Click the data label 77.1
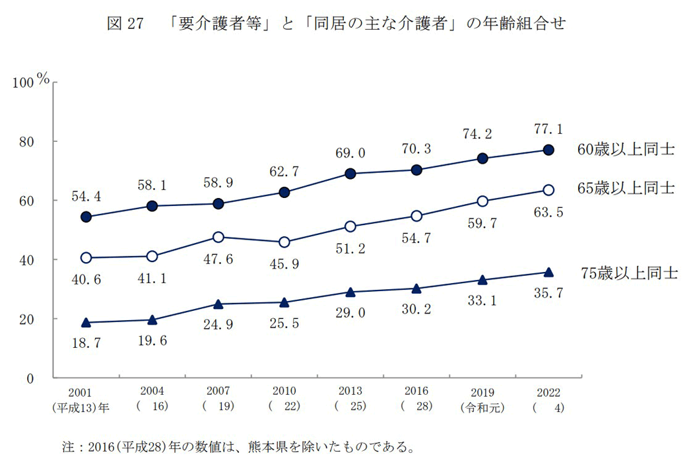pos(548,129)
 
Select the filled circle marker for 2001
pos(86,217)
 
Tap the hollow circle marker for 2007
pos(218,237)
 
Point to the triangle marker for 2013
pos(350,292)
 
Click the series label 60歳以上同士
pos(626,150)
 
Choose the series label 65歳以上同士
pos(626,188)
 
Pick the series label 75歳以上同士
pos(628,273)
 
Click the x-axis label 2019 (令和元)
pos(482,399)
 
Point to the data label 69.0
pos(350,153)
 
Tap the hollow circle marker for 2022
pos(548,190)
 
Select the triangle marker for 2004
pos(152,320)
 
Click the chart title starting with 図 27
pos(336,24)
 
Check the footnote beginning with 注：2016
pos(238,448)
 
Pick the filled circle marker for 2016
pos(416,170)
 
